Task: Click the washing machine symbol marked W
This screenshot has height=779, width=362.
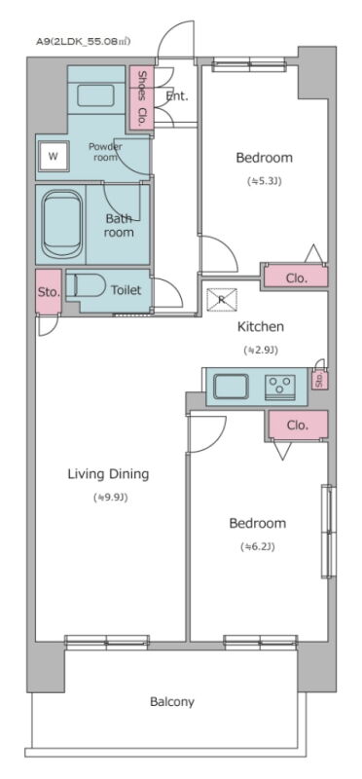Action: tap(54, 157)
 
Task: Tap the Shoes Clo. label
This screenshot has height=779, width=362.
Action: tap(143, 98)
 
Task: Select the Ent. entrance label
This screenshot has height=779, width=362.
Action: tap(177, 96)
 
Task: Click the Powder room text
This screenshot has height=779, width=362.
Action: tap(105, 152)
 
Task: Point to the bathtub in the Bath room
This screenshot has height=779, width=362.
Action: tap(62, 224)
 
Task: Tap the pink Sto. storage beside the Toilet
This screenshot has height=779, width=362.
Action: tap(48, 291)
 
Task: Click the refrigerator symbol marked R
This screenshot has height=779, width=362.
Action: tap(222, 300)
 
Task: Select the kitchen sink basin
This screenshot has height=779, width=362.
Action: tap(231, 386)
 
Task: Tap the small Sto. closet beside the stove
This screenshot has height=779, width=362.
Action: tap(319, 380)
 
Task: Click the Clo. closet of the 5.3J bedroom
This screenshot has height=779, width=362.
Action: tap(296, 276)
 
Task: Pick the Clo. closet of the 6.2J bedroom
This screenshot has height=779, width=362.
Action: tap(297, 426)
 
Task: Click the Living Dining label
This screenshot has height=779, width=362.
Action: tap(108, 474)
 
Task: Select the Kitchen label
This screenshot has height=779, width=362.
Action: tap(261, 327)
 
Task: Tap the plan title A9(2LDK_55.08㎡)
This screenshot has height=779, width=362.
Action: tap(83, 42)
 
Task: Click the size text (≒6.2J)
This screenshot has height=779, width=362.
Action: tap(258, 547)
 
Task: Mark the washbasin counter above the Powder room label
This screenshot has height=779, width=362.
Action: tap(95, 94)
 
